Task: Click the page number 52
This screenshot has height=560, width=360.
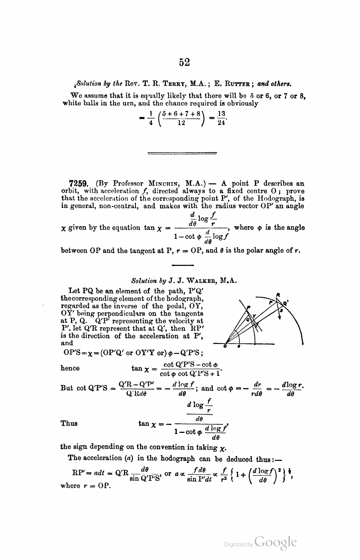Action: (x=184, y=62)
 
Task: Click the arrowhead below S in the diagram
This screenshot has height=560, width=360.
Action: (x=279, y=318)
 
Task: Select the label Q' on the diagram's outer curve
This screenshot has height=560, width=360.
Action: (x=286, y=303)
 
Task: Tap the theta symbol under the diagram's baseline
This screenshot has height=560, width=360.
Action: (x=239, y=346)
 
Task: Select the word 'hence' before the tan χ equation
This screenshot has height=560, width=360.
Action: (x=70, y=368)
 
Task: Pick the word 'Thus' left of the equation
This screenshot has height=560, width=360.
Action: (x=69, y=423)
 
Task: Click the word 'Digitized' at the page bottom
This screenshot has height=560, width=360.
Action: (x=235, y=545)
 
